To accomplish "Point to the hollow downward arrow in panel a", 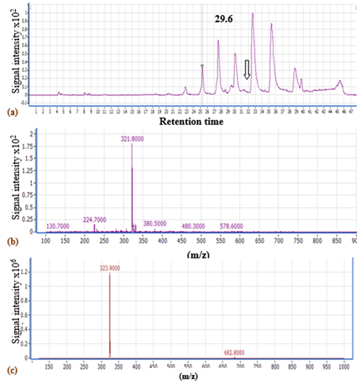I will tap(247, 70).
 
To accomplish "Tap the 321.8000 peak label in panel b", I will tap(132, 138).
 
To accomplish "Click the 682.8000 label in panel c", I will tap(233, 353).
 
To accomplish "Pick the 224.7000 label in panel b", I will tap(95, 219).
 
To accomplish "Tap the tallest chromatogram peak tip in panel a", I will tap(253, 13).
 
